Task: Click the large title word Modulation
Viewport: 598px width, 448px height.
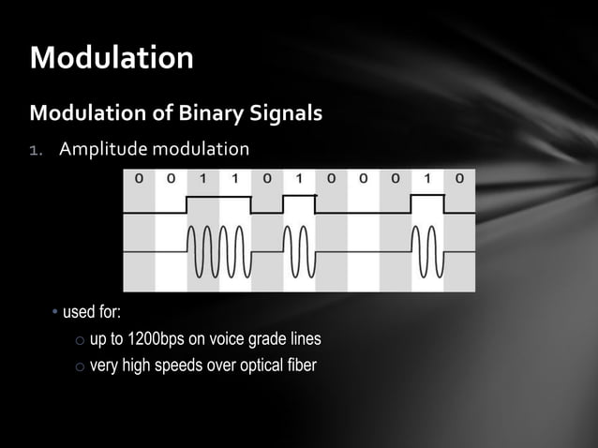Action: pyautogui.click(x=112, y=58)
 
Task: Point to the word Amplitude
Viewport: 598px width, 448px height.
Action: pyautogui.click(x=102, y=150)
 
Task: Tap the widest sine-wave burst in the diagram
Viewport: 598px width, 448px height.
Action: pyautogui.click(x=218, y=253)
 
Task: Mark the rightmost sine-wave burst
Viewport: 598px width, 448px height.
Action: pyautogui.click(x=427, y=253)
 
